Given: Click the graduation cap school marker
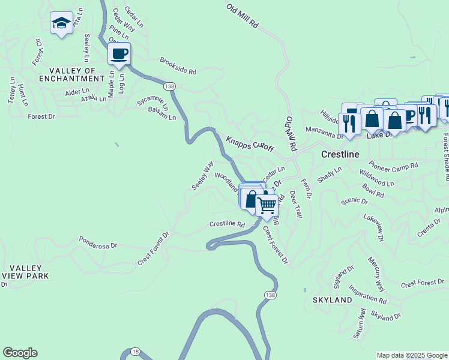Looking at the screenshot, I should pyautogui.click(x=61, y=23).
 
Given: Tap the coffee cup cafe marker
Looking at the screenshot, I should pyautogui.click(x=119, y=54).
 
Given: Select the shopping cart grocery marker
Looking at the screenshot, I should pyautogui.click(x=267, y=205).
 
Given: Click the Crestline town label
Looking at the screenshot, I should pyautogui.click(x=340, y=154).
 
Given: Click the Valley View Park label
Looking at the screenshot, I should pyautogui.click(x=25, y=271).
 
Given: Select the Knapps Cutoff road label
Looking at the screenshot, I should pyautogui.click(x=250, y=144).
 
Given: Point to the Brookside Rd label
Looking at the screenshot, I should pyautogui.click(x=178, y=66).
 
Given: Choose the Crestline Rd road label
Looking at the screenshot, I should pyautogui.click(x=227, y=224).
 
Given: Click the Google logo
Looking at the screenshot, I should pyautogui.click(x=20, y=353).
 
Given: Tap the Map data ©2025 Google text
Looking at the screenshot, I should pyautogui.click(x=412, y=355).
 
